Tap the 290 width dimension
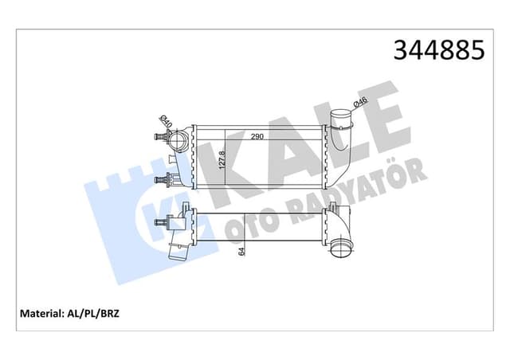257,137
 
